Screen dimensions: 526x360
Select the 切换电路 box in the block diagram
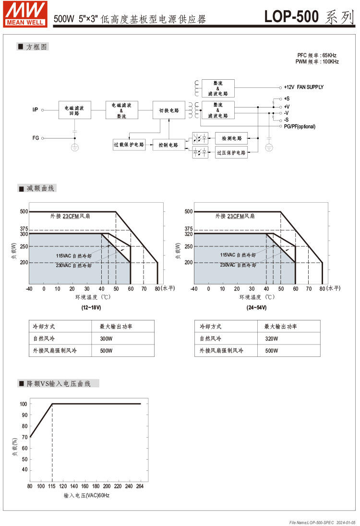click(x=169, y=110)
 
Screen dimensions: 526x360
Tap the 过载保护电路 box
click(x=129, y=144)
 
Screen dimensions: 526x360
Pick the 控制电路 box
click(x=168, y=144)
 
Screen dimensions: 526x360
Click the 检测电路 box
click(x=231, y=138)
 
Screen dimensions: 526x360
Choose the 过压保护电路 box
click(x=231, y=153)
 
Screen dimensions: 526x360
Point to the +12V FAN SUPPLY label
click(x=303, y=87)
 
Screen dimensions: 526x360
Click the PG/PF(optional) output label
click(x=300, y=126)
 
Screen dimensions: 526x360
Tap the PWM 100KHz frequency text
click(x=317, y=61)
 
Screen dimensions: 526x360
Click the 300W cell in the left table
click(x=106, y=339)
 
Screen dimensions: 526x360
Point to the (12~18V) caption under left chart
click(x=91, y=307)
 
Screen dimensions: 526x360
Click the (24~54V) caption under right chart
click(x=256, y=307)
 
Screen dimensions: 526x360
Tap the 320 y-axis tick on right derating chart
click(x=188, y=234)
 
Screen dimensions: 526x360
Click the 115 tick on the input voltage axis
click(x=52, y=487)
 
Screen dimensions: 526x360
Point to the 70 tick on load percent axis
click(x=24, y=437)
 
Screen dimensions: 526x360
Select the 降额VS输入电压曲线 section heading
click(x=58, y=384)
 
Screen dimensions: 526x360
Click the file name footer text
click(x=323, y=522)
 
